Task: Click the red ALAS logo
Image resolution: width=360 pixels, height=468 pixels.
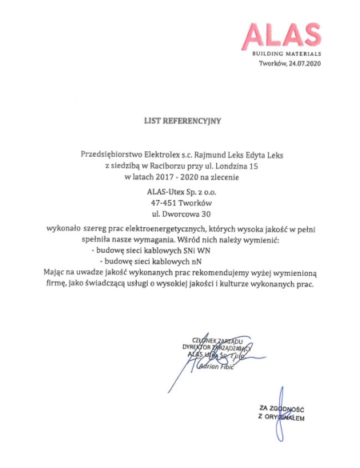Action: [282, 34]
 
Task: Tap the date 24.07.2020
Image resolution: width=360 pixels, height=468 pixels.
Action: [304, 63]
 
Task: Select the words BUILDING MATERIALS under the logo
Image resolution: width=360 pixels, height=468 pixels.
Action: [286, 53]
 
